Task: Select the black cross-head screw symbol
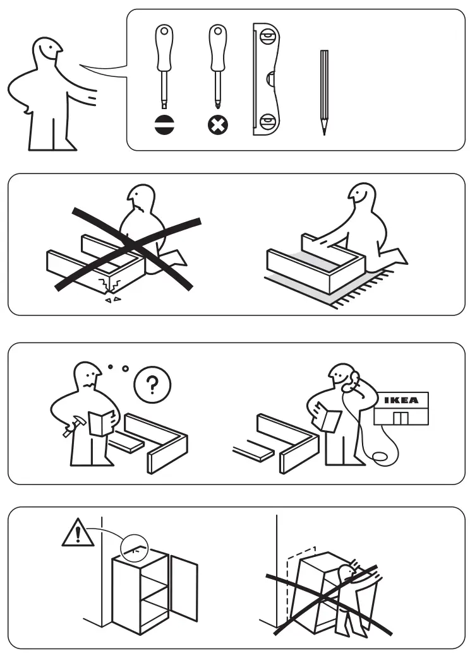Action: point(218,125)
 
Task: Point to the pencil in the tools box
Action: point(323,91)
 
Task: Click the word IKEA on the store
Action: point(405,400)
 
